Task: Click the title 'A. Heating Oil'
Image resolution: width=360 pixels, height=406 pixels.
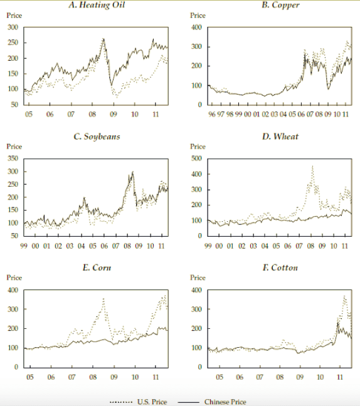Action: (x=97, y=5)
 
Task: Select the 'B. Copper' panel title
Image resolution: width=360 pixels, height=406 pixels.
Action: (x=280, y=5)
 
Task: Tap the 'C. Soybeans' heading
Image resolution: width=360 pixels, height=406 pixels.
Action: (x=97, y=137)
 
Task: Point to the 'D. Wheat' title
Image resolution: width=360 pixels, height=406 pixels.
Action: (x=280, y=136)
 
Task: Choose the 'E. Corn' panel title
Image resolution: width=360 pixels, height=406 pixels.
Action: (x=97, y=268)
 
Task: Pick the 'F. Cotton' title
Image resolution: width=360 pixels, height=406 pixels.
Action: (x=280, y=268)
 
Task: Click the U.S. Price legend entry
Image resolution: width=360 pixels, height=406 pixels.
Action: (x=139, y=402)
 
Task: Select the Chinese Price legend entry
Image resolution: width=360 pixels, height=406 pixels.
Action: (x=212, y=402)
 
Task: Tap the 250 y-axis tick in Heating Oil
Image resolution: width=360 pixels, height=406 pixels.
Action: (x=13, y=43)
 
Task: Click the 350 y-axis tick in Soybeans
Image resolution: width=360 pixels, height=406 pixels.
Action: (x=13, y=159)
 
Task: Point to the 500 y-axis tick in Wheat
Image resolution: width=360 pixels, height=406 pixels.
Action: (x=196, y=159)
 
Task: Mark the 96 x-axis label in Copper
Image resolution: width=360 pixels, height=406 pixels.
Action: (x=212, y=114)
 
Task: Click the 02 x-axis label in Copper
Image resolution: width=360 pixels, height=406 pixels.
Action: (x=265, y=114)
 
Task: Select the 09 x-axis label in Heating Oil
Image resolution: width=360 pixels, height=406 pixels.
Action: (x=114, y=114)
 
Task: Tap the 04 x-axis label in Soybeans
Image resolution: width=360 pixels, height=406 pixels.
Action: (x=81, y=246)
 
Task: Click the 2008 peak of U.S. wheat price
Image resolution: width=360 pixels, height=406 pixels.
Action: (x=312, y=166)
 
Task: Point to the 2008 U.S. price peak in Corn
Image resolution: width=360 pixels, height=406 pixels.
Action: (x=103, y=299)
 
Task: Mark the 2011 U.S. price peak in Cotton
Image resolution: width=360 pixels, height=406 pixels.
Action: (x=344, y=296)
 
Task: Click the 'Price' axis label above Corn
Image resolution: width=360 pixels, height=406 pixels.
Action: (x=14, y=278)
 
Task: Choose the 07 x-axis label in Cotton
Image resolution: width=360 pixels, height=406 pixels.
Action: (x=260, y=377)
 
